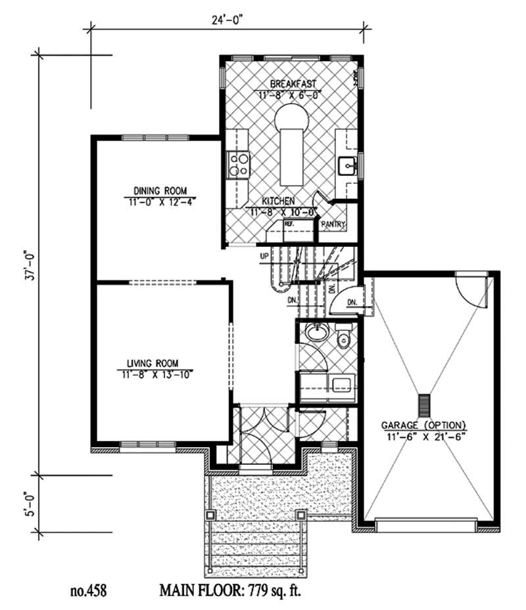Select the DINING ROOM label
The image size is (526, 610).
coord(155,190)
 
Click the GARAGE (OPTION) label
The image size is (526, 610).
coord(427,424)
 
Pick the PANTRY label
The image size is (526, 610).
coord(333,225)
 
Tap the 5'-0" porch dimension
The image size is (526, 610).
coord(28,502)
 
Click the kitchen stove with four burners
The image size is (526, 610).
coord(237,164)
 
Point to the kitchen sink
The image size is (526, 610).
coord(347,166)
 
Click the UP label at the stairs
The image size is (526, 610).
coord(264,255)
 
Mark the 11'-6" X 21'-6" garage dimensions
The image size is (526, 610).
coord(427,435)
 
